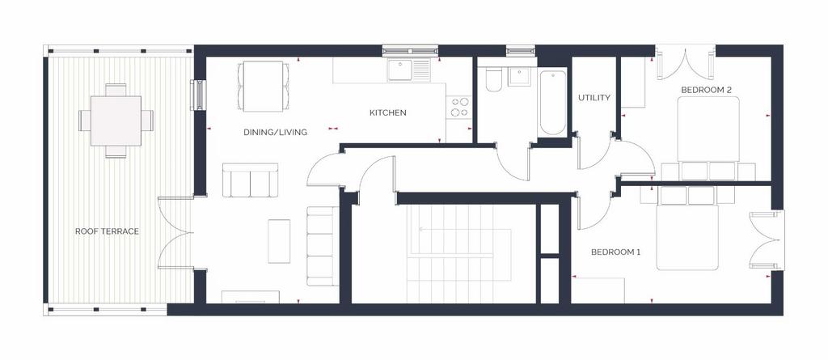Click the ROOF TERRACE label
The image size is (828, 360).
[x=107, y=231]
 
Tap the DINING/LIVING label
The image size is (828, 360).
[x=275, y=132]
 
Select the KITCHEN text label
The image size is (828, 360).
[x=387, y=112]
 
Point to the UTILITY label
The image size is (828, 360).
[x=594, y=98]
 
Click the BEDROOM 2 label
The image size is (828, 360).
[x=706, y=90]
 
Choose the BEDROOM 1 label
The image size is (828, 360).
[x=615, y=252]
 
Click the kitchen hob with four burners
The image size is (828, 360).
[x=458, y=108]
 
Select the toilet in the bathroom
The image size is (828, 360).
[x=493, y=80]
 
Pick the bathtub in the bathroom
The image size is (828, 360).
[x=552, y=103]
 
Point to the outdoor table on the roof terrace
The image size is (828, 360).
[x=116, y=121]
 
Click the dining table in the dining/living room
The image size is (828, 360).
[x=263, y=87]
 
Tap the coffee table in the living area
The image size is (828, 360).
[x=279, y=241]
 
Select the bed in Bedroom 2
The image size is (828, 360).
[x=708, y=138]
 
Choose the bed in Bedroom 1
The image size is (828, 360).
[x=687, y=229]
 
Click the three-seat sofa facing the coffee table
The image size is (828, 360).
[x=323, y=246]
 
